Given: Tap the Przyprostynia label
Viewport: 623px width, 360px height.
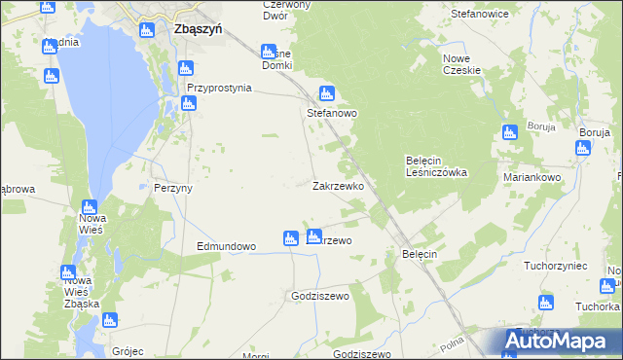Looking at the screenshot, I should (219, 88).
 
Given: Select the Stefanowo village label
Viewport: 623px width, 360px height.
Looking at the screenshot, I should (332, 114).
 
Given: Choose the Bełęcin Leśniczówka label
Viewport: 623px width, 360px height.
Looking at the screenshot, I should (436, 166).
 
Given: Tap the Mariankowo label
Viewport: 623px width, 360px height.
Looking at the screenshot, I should (532, 178).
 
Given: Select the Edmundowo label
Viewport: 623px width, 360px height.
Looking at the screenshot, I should (226, 247).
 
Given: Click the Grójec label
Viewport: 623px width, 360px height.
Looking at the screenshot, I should (128, 351).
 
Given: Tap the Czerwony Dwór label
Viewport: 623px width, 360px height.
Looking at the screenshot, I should (286, 10).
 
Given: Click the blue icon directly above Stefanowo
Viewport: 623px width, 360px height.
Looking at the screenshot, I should (327, 94).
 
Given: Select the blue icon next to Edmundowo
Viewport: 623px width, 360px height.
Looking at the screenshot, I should (290, 238).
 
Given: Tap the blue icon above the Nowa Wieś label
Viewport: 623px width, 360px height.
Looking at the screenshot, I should (90, 207).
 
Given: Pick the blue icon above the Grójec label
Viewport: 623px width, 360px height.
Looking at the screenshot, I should (109, 320).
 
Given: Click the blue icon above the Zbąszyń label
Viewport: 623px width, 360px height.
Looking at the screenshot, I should (148, 30).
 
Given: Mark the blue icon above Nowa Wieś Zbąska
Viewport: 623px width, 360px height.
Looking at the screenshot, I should (68, 272).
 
